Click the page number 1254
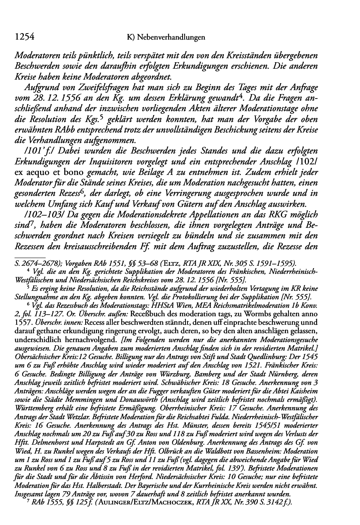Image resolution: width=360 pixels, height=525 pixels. point(23,37)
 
